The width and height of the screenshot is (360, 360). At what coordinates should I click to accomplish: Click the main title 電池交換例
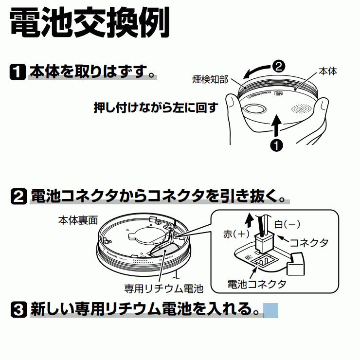[x=90, y=23]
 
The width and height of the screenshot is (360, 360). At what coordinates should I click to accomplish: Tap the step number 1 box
[x=18, y=72]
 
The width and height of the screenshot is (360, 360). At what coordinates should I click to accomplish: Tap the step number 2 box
[x=18, y=197]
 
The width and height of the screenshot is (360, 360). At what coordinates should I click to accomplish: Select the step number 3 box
[x=18, y=309]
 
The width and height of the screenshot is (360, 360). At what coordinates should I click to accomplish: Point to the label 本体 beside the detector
[x=327, y=72]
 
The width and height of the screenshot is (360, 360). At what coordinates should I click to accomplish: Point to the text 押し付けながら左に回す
[x=155, y=108]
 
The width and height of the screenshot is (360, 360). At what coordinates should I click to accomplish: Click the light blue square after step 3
[x=271, y=310]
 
